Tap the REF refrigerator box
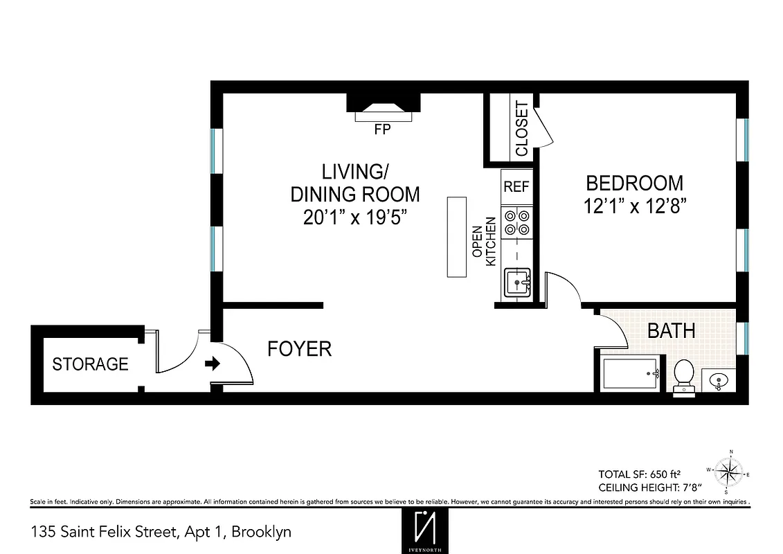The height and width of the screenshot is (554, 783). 516,186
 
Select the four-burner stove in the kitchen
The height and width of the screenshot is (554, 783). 516,222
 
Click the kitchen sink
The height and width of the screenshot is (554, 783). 516,283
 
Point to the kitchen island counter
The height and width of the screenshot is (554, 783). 458,236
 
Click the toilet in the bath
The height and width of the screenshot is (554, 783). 684,376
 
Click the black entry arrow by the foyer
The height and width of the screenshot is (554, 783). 213,363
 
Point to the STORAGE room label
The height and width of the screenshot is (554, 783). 91,364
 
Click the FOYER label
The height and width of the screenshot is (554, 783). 299,349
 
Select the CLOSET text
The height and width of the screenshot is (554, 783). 521,129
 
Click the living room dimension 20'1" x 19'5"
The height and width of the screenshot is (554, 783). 354,217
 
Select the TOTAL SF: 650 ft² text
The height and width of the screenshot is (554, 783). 640,474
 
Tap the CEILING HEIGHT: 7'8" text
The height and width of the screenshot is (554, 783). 645,488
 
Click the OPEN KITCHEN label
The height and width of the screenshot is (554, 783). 484,242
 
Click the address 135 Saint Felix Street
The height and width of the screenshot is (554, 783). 161,532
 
